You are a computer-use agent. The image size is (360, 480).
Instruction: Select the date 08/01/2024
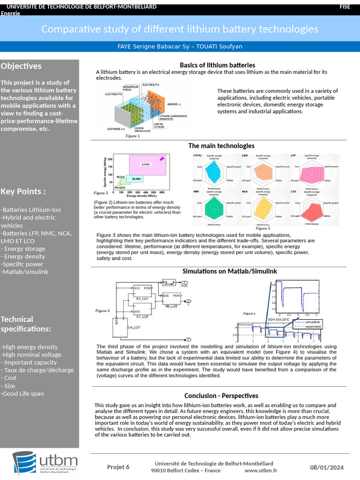[327, 467]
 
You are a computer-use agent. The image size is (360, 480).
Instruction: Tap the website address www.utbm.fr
[261, 471]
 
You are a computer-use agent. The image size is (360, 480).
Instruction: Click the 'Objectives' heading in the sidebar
[21, 66]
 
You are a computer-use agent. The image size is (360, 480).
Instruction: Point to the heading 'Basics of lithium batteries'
[217, 65]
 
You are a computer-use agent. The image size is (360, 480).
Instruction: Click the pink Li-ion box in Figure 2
[147, 165]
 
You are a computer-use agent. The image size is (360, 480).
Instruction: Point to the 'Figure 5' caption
[249, 313]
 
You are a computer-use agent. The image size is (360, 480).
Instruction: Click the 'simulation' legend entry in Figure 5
[312, 322]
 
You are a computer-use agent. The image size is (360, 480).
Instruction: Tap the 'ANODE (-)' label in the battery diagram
[174, 104]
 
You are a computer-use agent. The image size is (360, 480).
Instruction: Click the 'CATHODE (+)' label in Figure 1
[116, 128]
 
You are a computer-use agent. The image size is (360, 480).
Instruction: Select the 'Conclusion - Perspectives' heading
[221, 396]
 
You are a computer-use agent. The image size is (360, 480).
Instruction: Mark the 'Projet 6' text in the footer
[118, 467]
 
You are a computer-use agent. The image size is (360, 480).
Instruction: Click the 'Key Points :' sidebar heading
[23, 191]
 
